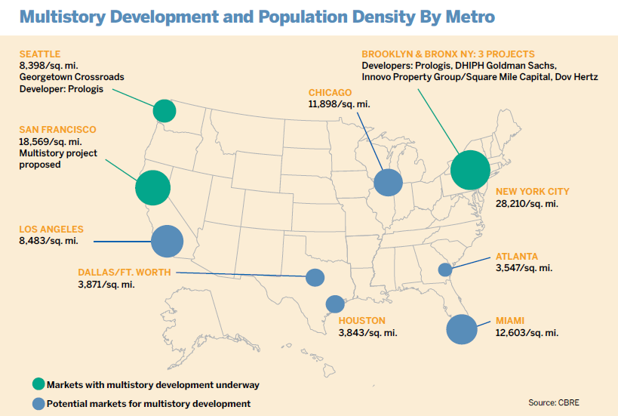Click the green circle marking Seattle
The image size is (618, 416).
164,111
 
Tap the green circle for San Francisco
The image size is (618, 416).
152,187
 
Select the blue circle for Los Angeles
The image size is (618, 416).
168,242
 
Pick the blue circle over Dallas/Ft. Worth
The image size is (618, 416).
315,277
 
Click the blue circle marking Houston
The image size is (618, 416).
334,304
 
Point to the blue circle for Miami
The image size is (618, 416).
462,328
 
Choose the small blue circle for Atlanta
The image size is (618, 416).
445,269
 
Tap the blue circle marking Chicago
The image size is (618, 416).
388,182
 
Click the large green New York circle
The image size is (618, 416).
470,171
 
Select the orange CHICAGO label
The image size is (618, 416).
331,93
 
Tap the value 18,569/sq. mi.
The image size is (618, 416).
49,142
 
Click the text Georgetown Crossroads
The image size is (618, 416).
72,77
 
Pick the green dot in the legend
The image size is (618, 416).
38,384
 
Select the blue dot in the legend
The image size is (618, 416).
38,404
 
